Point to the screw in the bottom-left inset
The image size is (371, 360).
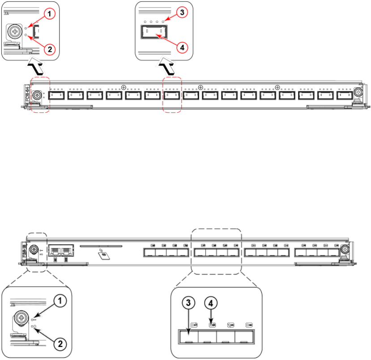20,319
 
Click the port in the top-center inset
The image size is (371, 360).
152,33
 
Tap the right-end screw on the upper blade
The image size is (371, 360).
358,92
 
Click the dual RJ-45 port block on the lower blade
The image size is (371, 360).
60,251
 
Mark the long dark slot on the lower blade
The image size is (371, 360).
100,246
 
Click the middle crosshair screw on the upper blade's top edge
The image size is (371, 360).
200,87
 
